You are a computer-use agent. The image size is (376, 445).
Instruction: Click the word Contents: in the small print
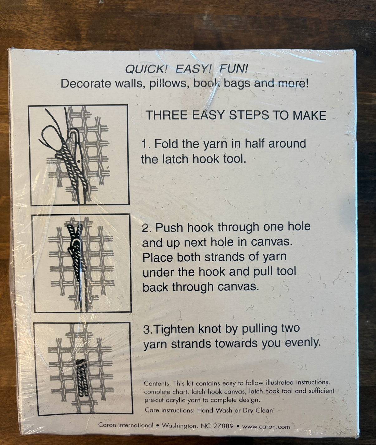[157, 383]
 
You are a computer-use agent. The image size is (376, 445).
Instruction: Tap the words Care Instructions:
[170, 410]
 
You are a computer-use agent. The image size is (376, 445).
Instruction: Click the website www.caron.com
[266, 427]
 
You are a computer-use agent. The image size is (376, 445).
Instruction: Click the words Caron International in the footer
[126, 425]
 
